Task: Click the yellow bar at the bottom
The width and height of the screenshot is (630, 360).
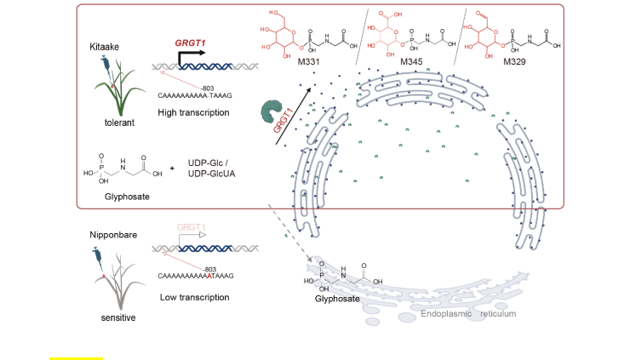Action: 76,358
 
